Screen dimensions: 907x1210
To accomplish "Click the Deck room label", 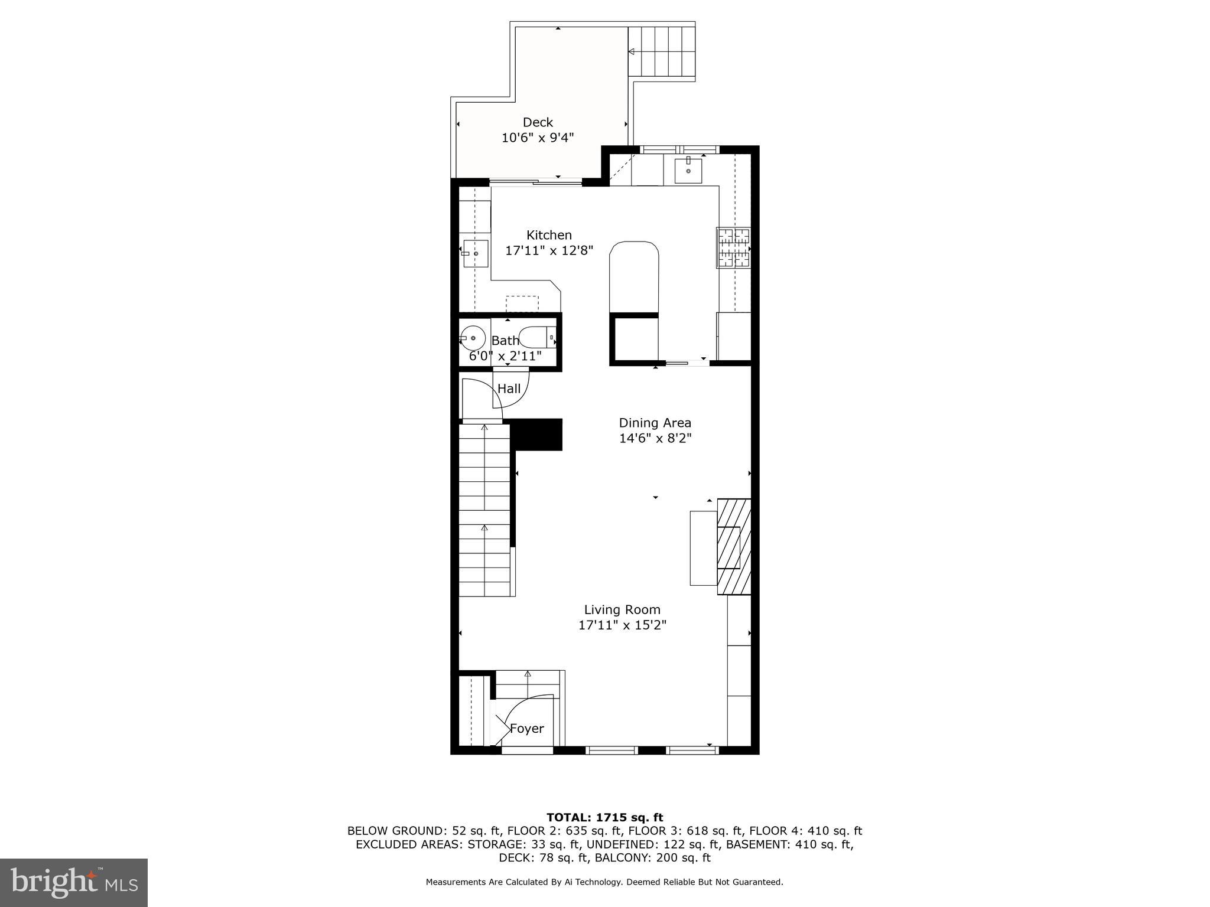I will (x=538, y=122).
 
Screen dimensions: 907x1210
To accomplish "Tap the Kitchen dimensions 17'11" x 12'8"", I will (x=549, y=250).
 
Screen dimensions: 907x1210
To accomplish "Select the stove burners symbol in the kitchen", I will (x=733, y=248).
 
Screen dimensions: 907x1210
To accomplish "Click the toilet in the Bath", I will (x=537, y=337).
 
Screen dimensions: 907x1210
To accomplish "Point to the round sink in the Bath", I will (x=473, y=338).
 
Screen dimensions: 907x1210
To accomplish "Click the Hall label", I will (x=509, y=389).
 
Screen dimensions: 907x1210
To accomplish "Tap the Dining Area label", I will (x=655, y=423).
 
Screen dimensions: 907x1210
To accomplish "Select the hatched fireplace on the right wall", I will (x=734, y=546).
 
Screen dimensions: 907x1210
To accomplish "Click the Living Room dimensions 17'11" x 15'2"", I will (x=622, y=625).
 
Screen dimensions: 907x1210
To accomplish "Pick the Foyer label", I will (x=526, y=729).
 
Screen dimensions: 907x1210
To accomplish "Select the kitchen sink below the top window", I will (x=688, y=171).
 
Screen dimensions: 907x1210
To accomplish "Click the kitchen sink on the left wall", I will (x=476, y=253).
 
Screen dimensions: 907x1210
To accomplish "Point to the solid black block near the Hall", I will (x=536, y=435).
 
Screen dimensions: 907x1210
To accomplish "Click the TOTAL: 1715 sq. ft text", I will (x=604, y=817).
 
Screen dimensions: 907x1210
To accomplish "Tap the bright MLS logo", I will (x=74, y=882).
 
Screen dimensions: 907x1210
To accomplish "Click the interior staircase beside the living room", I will (x=484, y=511).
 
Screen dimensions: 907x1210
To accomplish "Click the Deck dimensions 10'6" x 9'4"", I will (x=538, y=138).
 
